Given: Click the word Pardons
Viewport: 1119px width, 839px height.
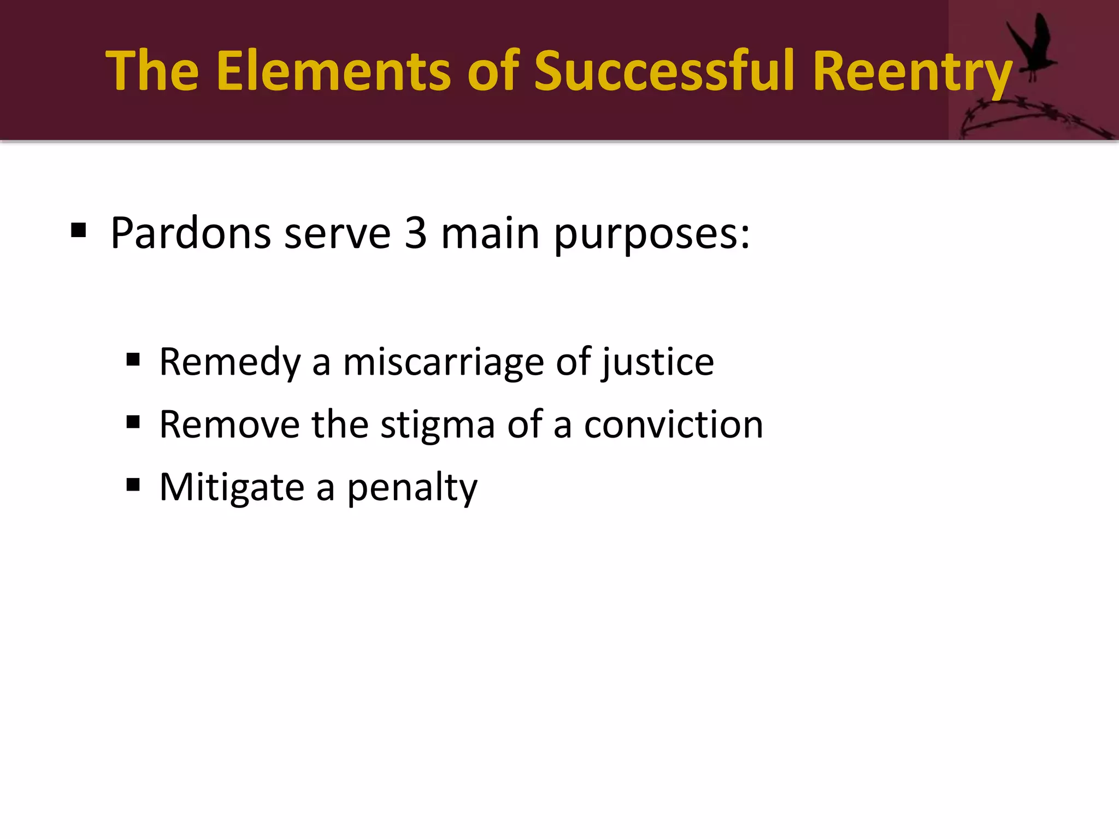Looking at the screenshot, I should click(x=191, y=233).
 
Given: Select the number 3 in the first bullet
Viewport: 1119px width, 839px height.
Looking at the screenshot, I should click(x=415, y=233).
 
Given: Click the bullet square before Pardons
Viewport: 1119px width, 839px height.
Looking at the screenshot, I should click(x=79, y=231).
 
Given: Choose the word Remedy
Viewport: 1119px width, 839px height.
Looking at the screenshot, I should click(x=229, y=362).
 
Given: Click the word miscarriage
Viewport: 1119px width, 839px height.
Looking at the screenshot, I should click(x=443, y=362).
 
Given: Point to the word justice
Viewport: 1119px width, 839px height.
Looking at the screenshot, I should click(x=658, y=362).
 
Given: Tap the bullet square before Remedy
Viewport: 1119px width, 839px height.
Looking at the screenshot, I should click(x=133, y=360).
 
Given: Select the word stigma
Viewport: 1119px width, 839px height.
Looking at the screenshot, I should click(x=437, y=425).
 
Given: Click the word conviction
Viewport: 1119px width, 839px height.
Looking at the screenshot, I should click(x=673, y=424).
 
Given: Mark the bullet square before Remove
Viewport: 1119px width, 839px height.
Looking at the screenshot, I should click(x=133, y=422).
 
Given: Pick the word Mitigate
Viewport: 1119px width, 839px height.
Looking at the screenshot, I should click(x=232, y=487).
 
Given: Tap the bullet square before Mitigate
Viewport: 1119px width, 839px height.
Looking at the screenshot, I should click(x=133, y=485).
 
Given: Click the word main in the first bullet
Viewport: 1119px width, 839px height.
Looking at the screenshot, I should click(x=490, y=233).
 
